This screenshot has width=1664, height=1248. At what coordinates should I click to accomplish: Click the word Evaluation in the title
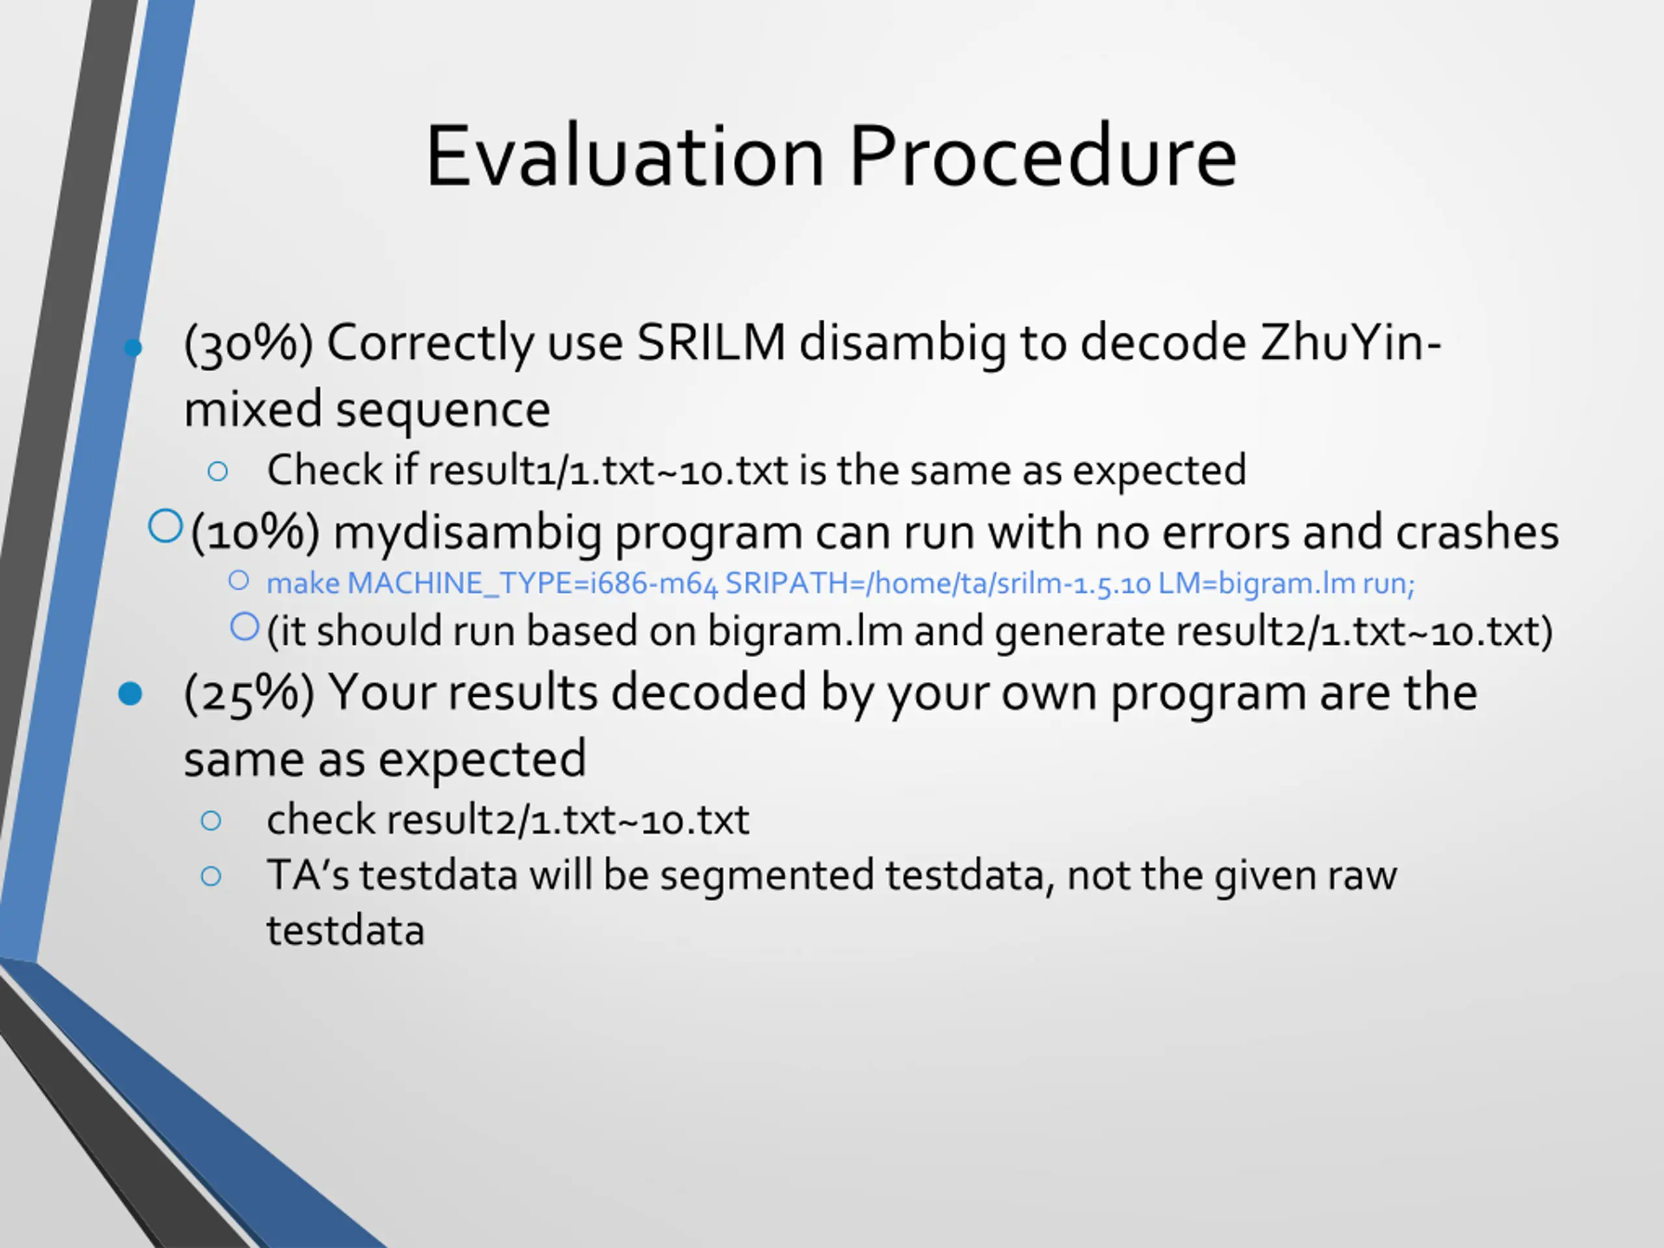click(x=625, y=156)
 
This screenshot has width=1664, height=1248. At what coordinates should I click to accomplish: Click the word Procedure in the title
click(x=1043, y=156)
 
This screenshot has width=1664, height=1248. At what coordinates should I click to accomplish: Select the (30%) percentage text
click(x=248, y=343)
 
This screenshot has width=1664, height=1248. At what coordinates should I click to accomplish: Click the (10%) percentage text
click(x=255, y=532)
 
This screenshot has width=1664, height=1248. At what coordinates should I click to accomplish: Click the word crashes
click(x=1477, y=532)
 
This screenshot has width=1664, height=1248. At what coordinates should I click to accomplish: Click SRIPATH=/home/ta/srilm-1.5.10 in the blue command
click(x=938, y=584)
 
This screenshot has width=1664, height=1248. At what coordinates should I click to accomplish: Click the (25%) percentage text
click(x=249, y=693)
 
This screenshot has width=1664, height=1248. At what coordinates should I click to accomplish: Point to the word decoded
click(x=708, y=692)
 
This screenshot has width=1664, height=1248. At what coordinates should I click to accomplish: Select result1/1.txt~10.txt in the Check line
click(x=608, y=471)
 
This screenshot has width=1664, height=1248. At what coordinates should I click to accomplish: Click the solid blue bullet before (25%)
click(x=130, y=694)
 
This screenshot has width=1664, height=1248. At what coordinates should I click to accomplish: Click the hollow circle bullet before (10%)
click(x=166, y=526)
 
